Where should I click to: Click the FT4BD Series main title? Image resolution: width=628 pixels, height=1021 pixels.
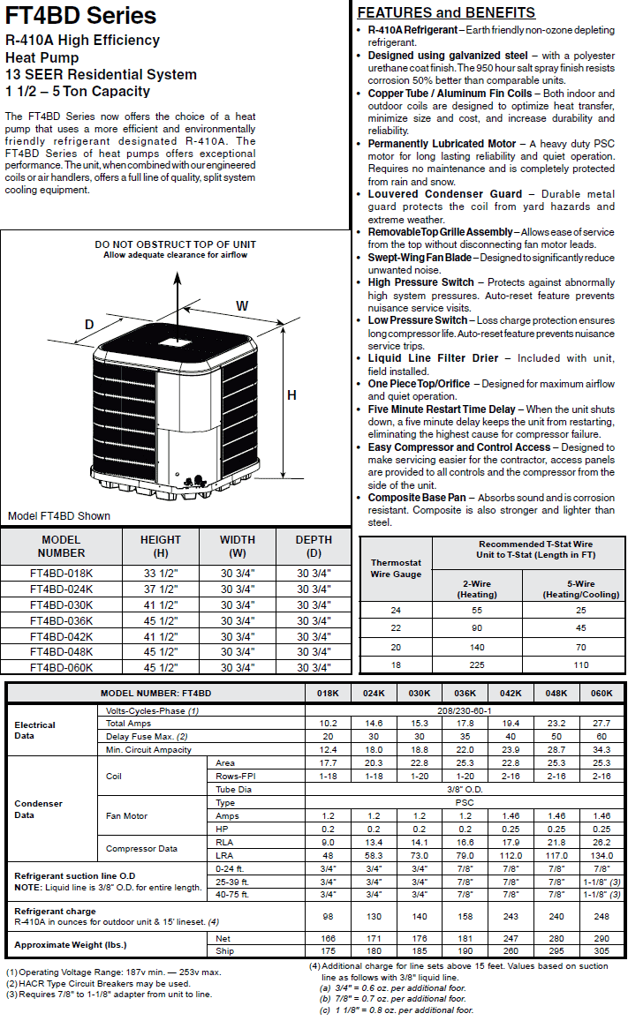[x=80, y=16]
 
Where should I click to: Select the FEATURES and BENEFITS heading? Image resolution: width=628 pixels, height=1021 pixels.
[x=446, y=12]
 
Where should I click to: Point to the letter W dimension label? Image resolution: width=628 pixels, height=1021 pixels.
[x=241, y=305]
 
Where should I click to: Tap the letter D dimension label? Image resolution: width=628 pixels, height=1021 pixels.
[x=89, y=325]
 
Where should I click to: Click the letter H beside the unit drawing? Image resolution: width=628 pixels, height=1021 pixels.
[x=291, y=395]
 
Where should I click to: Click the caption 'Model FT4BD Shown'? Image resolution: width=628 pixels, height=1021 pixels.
[x=59, y=516]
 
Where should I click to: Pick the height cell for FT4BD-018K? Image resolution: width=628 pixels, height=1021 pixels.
[x=161, y=574]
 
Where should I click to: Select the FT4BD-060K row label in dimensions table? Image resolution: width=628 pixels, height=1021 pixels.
[x=61, y=667]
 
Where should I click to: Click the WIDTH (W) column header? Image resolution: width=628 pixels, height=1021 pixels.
[x=238, y=546]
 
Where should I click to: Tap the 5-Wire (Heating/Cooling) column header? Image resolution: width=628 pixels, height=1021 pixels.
[x=581, y=589]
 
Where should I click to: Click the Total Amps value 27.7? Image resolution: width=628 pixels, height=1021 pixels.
[x=602, y=723]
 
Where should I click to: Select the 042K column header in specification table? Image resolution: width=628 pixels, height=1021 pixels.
[x=511, y=694]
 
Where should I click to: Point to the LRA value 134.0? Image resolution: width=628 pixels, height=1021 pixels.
[x=602, y=855]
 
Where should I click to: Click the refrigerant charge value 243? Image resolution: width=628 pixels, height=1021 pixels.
[x=511, y=916]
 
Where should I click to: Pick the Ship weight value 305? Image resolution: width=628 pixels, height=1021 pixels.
[x=602, y=951]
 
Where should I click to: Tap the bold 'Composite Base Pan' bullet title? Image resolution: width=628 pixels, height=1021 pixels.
[x=417, y=498]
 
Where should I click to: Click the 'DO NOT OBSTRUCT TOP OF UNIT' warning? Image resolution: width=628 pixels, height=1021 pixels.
[x=175, y=244]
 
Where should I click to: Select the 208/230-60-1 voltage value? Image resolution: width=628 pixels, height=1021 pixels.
[x=465, y=709]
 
